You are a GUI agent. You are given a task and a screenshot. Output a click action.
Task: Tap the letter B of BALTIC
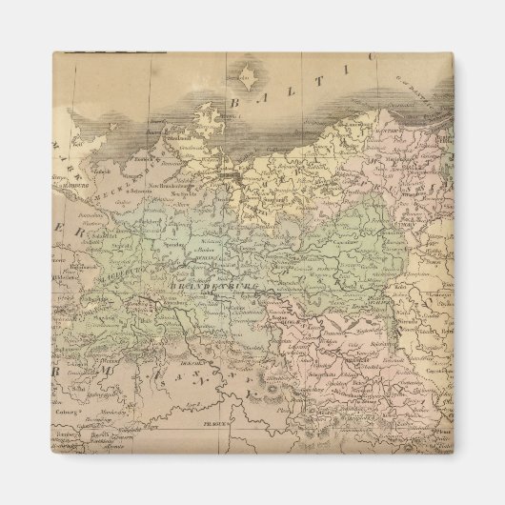(x=234, y=102)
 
